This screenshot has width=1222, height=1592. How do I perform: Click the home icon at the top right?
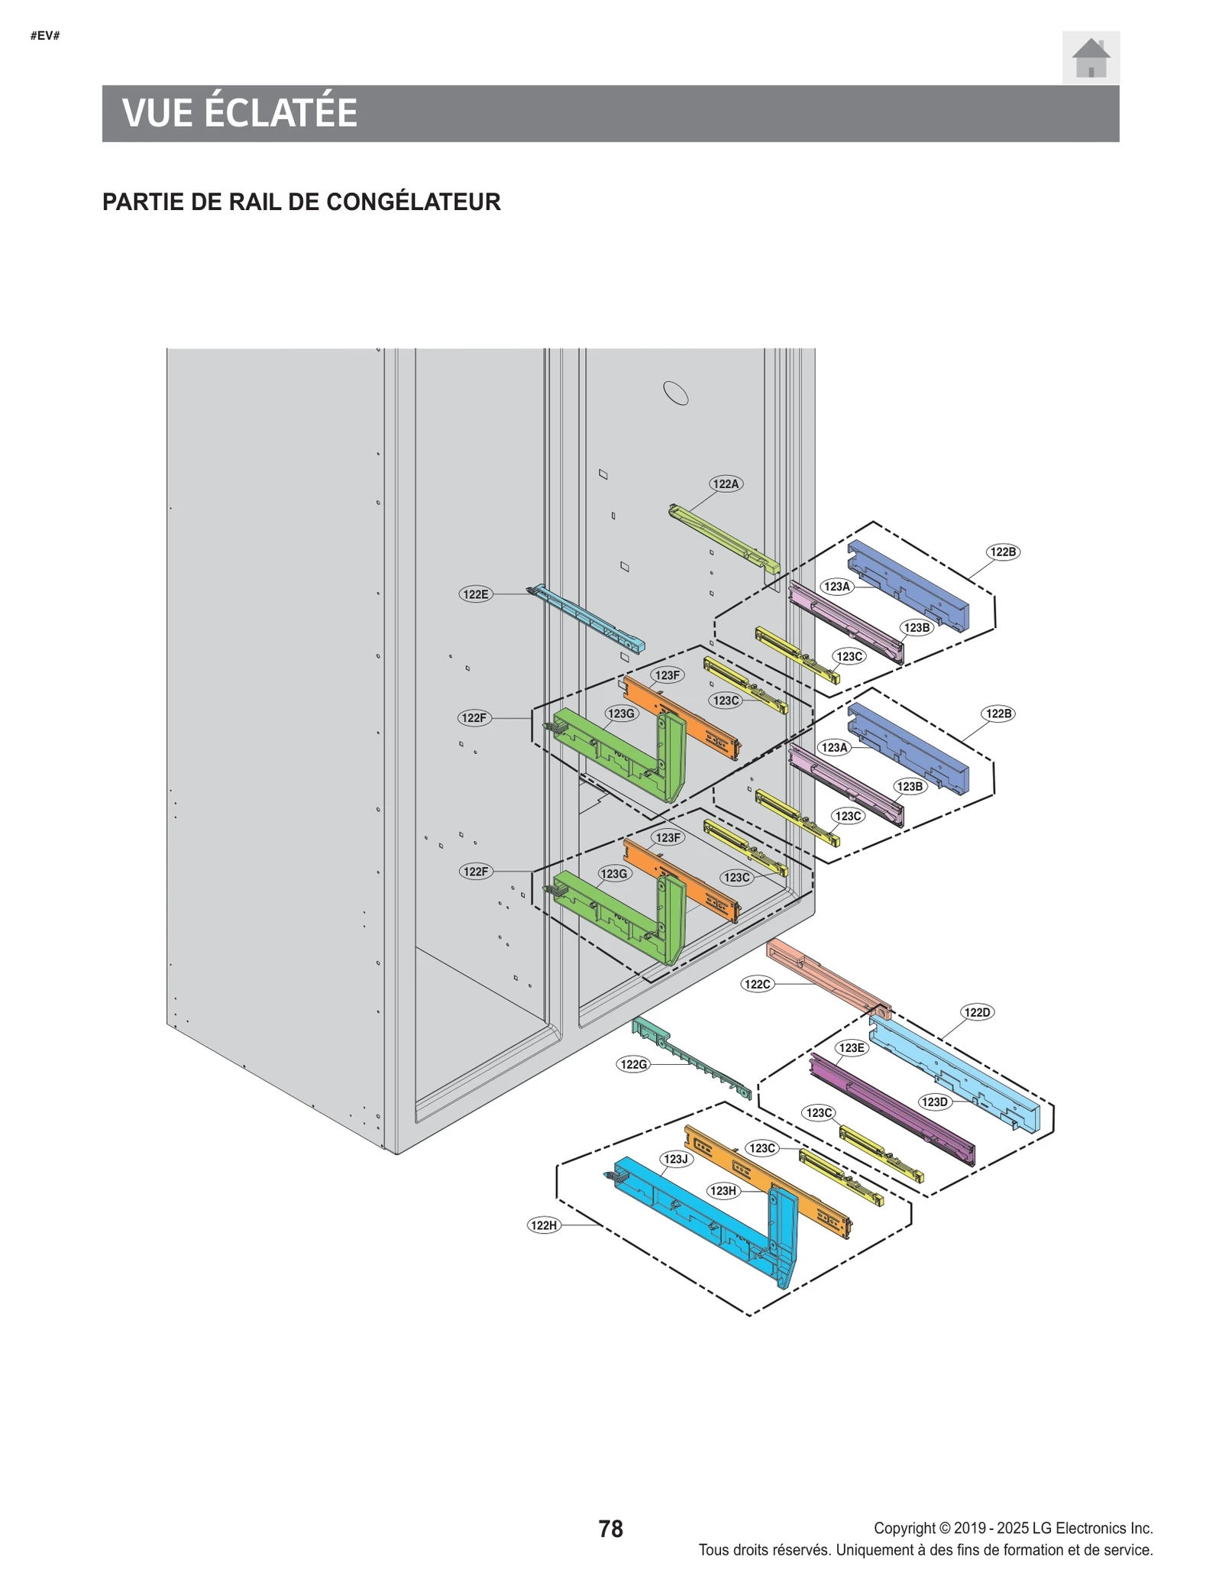pyautogui.click(x=1091, y=57)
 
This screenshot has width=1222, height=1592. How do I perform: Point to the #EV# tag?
pyautogui.click(x=45, y=36)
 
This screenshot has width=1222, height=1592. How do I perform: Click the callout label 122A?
pyautogui.click(x=725, y=484)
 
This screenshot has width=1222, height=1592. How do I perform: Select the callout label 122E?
pyautogui.click(x=475, y=594)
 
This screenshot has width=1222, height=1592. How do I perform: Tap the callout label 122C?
pyautogui.click(x=757, y=984)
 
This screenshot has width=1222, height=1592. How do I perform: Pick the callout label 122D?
pyautogui.click(x=977, y=1012)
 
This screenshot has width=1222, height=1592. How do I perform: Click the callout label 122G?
pyautogui.click(x=633, y=1064)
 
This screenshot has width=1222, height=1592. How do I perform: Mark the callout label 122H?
pyautogui.click(x=544, y=1225)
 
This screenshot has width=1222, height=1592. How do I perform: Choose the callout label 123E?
pyautogui.click(x=851, y=1047)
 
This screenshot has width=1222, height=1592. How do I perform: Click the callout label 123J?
pyautogui.click(x=675, y=1159)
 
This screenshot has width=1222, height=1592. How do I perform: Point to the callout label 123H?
pyautogui.click(x=723, y=1190)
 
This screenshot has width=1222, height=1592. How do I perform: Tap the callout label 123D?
pyautogui.click(x=933, y=1102)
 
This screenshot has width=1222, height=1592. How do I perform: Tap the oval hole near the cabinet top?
pyautogui.click(x=675, y=393)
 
